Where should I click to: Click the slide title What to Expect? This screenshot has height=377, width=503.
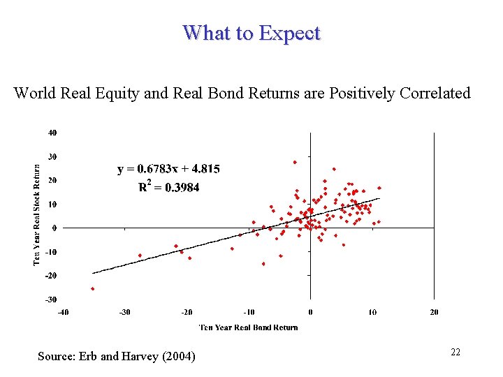point(251,33)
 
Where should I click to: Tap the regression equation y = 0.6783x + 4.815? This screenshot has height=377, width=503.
point(168,168)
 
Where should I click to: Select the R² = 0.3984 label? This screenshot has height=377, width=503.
point(168,186)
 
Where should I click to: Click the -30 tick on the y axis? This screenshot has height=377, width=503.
point(52,300)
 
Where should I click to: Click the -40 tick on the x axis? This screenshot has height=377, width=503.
point(63,311)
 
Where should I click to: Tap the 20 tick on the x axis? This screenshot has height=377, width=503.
point(434,311)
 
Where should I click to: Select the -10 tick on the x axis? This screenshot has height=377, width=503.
point(248,311)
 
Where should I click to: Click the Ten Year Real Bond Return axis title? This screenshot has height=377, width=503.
point(249,327)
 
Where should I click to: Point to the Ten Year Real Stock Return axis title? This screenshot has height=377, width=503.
point(37,214)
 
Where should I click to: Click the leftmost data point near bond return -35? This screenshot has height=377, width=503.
point(92,288)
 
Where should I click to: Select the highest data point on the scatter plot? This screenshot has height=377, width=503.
point(295,162)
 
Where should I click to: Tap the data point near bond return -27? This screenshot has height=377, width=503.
point(140,256)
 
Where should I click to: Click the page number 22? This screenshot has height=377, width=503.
point(455,353)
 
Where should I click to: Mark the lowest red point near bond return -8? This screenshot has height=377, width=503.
point(263,264)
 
